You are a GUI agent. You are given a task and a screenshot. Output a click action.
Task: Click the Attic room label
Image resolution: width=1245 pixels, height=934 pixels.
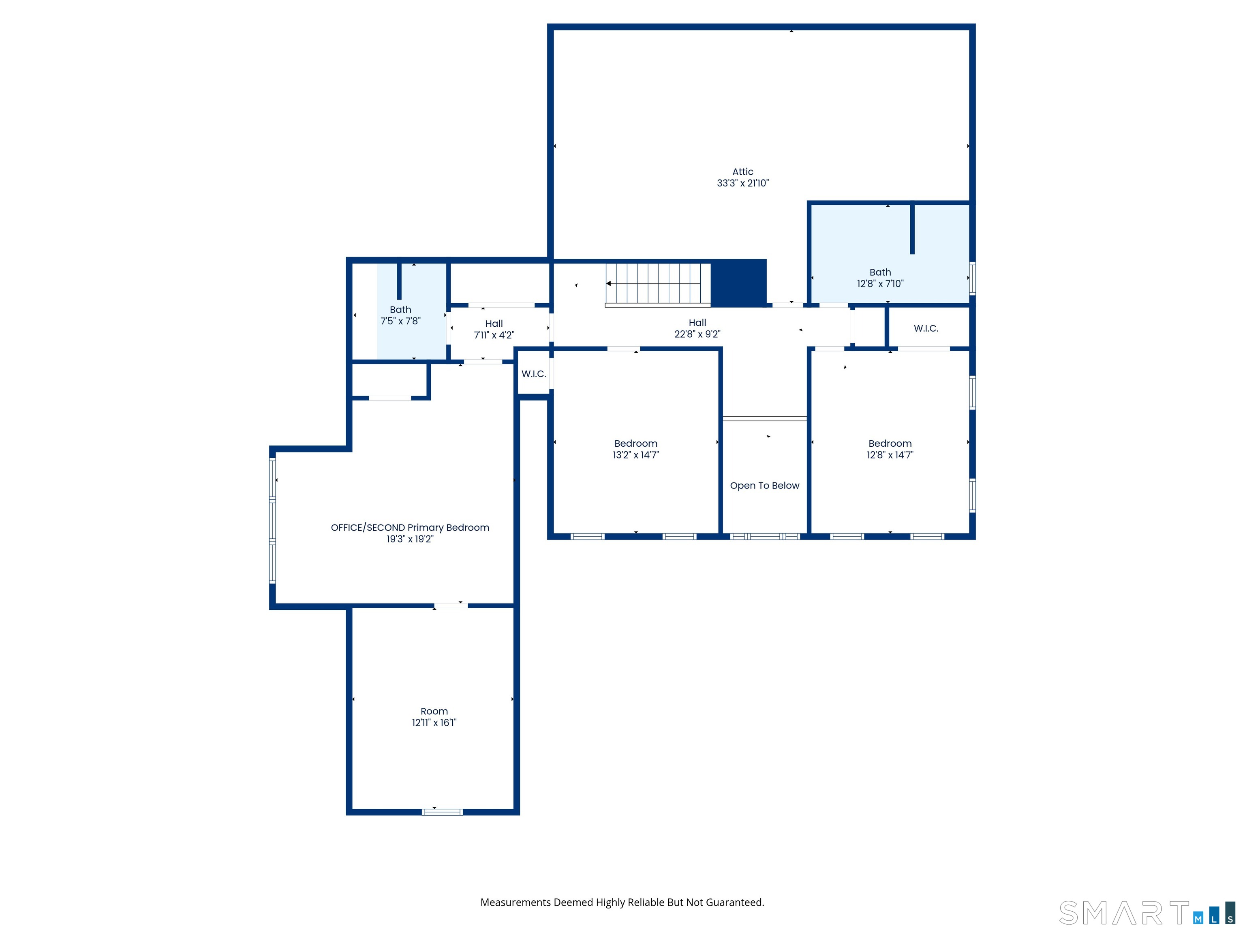[x=742, y=172]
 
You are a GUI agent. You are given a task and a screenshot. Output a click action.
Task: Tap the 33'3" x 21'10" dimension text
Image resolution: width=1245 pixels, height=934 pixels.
[x=742, y=183]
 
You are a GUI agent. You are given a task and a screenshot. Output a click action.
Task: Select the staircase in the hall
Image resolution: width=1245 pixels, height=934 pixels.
[x=658, y=284]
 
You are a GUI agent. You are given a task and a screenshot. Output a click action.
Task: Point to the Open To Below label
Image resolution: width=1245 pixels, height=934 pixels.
[x=764, y=485]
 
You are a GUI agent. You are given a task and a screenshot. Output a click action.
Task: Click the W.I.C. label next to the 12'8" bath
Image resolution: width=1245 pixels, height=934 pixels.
[x=926, y=328]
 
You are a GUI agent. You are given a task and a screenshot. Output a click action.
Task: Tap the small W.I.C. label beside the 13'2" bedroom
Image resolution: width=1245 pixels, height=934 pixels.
[x=534, y=374]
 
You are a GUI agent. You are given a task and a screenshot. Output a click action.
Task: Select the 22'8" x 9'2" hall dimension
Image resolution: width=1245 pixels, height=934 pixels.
[x=697, y=334]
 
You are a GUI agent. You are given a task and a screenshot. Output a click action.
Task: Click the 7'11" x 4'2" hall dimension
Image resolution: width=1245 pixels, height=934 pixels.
[x=494, y=335]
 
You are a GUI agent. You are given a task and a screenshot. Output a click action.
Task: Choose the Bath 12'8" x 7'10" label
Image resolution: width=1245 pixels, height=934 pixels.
[x=880, y=278]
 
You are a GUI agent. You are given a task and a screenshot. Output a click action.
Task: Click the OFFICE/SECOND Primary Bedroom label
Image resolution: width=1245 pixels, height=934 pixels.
[x=410, y=527]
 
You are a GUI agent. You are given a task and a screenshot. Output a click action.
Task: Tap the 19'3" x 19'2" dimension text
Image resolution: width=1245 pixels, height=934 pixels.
[x=410, y=539]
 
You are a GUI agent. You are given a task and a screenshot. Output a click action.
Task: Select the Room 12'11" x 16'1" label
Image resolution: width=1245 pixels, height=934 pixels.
[x=434, y=717]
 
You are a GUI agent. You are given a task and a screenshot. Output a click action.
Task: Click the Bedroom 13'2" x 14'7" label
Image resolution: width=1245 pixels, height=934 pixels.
[x=635, y=449]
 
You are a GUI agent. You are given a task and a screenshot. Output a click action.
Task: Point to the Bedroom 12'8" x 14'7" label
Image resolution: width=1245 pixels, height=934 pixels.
[x=890, y=449]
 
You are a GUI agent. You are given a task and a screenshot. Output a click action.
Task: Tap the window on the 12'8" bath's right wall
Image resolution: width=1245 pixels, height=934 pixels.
[x=972, y=278]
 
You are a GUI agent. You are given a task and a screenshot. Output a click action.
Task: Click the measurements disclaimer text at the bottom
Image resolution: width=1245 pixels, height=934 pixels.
[x=622, y=902]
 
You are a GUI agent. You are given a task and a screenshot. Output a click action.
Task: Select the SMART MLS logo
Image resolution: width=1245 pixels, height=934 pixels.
[x=1147, y=913]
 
